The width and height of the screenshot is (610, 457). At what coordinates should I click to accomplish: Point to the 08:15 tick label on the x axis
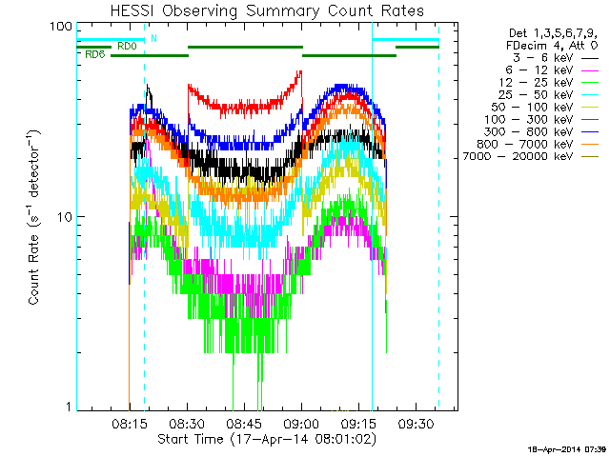click(x=130, y=420)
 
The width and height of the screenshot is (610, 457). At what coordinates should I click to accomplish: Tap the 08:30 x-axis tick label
click(x=187, y=420)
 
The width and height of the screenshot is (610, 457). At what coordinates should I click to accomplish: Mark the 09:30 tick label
click(x=417, y=420)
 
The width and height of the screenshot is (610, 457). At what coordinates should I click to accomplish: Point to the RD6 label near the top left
click(x=94, y=54)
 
